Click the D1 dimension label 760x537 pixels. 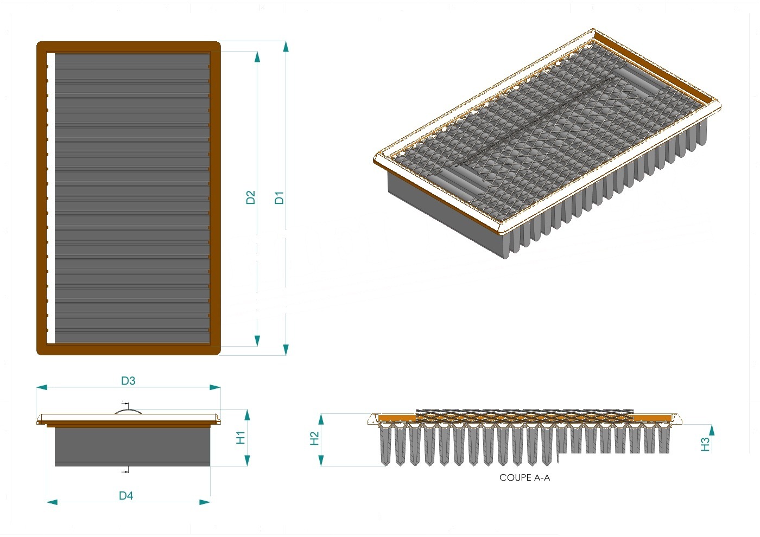click(279, 197)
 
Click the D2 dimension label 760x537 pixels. click(250, 197)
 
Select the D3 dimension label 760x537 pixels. click(128, 381)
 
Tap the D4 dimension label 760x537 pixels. click(126, 496)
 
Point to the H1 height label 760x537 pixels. click(240, 438)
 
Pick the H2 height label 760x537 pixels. click(314, 438)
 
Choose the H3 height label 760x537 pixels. click(705, 444)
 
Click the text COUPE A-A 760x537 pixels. click(524, 478)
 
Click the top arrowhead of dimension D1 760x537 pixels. click(286, 47)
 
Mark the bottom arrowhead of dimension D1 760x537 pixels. click(286, 349)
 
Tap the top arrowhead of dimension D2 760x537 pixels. click(257, 57)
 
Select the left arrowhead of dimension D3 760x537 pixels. click(42, 387)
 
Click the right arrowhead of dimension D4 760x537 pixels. click(205, 502)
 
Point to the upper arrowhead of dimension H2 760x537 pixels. click(321, 419)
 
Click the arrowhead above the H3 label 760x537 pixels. click(712, 430)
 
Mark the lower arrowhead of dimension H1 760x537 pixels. click(247, 461)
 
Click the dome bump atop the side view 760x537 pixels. click(128, 411)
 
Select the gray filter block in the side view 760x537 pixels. click(132, 446)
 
